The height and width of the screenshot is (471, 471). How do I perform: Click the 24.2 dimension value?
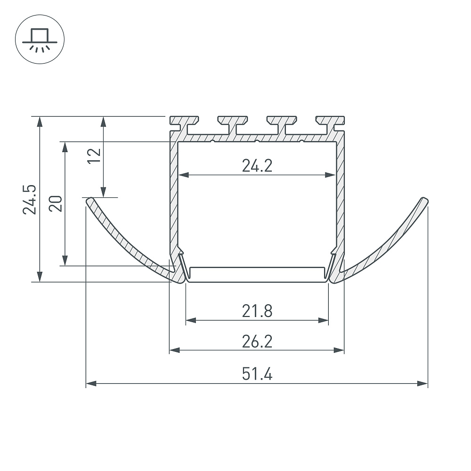tap(257, 165)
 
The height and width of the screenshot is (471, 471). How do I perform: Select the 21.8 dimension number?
tap(257, 311)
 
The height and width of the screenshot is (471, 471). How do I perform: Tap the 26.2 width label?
tap(257, 341)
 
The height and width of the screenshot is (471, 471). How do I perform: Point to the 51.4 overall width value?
tap(257, 374)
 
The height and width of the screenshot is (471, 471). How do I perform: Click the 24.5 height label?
tap(29, 199)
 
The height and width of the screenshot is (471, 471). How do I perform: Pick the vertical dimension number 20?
tap(56, 203)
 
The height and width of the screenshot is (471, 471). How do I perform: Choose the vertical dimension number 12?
tap(94, 156)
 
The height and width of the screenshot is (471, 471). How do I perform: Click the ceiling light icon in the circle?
tap(40, 40)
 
